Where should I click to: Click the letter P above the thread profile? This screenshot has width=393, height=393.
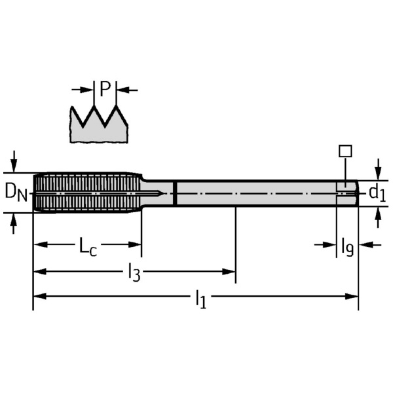(x=105, y=89)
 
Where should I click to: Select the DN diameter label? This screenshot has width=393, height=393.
(x=16, y=192)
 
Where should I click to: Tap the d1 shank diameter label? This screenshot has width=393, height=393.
(x=377, y=193)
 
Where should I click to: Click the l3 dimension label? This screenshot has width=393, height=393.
(x=134, y=272)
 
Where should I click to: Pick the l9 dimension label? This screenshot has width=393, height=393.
(x=347, y=246)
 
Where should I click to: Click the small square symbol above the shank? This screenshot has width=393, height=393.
(x=345, y=151)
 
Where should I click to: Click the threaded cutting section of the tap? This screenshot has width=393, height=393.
(x=86, y=193)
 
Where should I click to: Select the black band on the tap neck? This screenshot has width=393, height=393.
(x=176, y=193)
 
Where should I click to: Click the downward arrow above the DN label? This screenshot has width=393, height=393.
(x=14, y=162)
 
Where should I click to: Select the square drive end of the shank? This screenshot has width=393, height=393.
(x=347, y=193)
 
